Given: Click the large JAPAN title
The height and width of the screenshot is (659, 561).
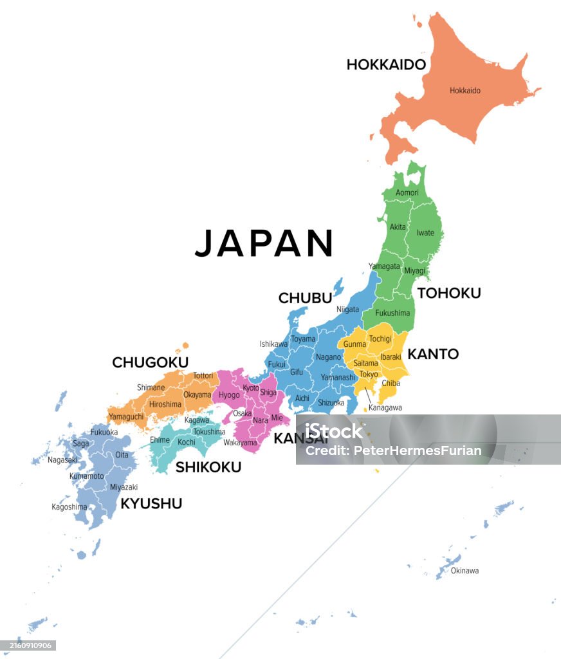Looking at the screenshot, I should point(264,243).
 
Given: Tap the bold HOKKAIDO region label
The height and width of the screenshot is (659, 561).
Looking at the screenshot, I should point(386,64).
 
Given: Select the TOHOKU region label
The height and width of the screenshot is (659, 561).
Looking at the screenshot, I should point(449,293).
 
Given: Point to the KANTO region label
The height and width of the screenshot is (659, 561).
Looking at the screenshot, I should point(433,354).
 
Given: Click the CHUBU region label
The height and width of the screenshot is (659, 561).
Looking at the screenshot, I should point(305,298).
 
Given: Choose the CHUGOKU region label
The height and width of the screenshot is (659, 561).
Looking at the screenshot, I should point(150,362).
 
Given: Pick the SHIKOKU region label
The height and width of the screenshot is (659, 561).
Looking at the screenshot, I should point(208,467).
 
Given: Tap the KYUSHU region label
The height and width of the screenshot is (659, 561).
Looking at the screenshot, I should point(151,503).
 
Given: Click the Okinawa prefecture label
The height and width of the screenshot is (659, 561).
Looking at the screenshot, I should point(464,571).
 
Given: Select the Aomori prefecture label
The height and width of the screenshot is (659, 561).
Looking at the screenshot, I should point(407,192).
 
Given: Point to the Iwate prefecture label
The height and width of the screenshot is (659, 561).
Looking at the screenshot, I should point(425,233).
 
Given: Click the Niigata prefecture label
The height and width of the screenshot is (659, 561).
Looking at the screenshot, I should point(347,310).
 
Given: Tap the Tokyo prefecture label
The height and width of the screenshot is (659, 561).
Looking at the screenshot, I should point(369,374).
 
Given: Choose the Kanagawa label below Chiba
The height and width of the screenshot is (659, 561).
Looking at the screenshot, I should point(385,407).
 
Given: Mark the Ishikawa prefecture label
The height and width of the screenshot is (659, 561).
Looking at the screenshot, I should point(273,344).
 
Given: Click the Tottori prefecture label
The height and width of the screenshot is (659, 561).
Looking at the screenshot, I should point(203,375).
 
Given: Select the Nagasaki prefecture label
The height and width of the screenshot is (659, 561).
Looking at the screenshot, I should point(62,459).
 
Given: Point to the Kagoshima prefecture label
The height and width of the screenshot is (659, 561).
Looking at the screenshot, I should point(69,506).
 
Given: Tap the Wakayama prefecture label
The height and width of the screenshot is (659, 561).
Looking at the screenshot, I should point(240,443).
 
